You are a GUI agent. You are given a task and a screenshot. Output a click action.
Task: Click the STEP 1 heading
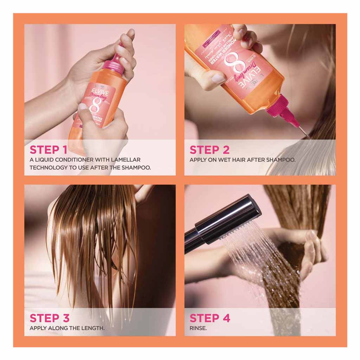point(50,149)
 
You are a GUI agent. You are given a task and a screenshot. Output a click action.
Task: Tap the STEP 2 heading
point(210,149)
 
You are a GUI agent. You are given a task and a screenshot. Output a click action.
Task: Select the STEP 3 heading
point(50,318)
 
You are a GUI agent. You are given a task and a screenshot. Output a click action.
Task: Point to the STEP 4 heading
point(210,318)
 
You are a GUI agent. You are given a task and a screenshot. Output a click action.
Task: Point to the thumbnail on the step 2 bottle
point(218,79)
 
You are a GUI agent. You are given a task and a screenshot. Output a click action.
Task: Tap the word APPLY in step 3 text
point(38,328)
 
